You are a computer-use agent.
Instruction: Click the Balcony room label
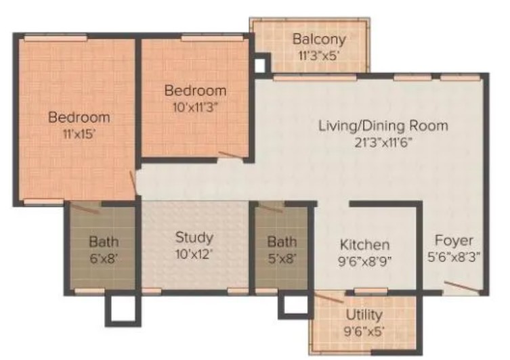coord(319,39)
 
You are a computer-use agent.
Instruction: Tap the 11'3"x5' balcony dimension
coord(319,55)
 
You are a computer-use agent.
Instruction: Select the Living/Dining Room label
coord(383,126)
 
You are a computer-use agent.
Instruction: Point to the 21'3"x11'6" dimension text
coord(383,143)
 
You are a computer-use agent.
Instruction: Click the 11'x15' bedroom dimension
coord(79,133)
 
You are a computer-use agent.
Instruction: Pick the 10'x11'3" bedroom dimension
coord(195,107)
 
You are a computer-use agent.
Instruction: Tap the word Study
coord(194,238)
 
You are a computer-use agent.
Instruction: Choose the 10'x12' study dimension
coord(194,254)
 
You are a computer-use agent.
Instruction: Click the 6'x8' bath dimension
coord(104,258)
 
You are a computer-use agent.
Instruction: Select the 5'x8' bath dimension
coord(282,258)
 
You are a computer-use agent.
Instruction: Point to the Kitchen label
coord(364,245)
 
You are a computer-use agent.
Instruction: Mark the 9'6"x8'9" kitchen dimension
coord(364,261)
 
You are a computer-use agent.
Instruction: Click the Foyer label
coord(454,241)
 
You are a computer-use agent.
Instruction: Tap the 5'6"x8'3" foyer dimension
coord(454,257)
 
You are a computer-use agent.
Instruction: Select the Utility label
coord(364,315)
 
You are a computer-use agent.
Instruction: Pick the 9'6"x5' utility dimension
coord(364,332)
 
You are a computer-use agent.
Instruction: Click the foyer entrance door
coord(462,287)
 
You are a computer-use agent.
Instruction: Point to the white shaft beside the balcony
coord(259,66)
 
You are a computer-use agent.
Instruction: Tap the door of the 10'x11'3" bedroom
coord(231,155)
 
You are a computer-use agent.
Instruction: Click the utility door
coord(329,298)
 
